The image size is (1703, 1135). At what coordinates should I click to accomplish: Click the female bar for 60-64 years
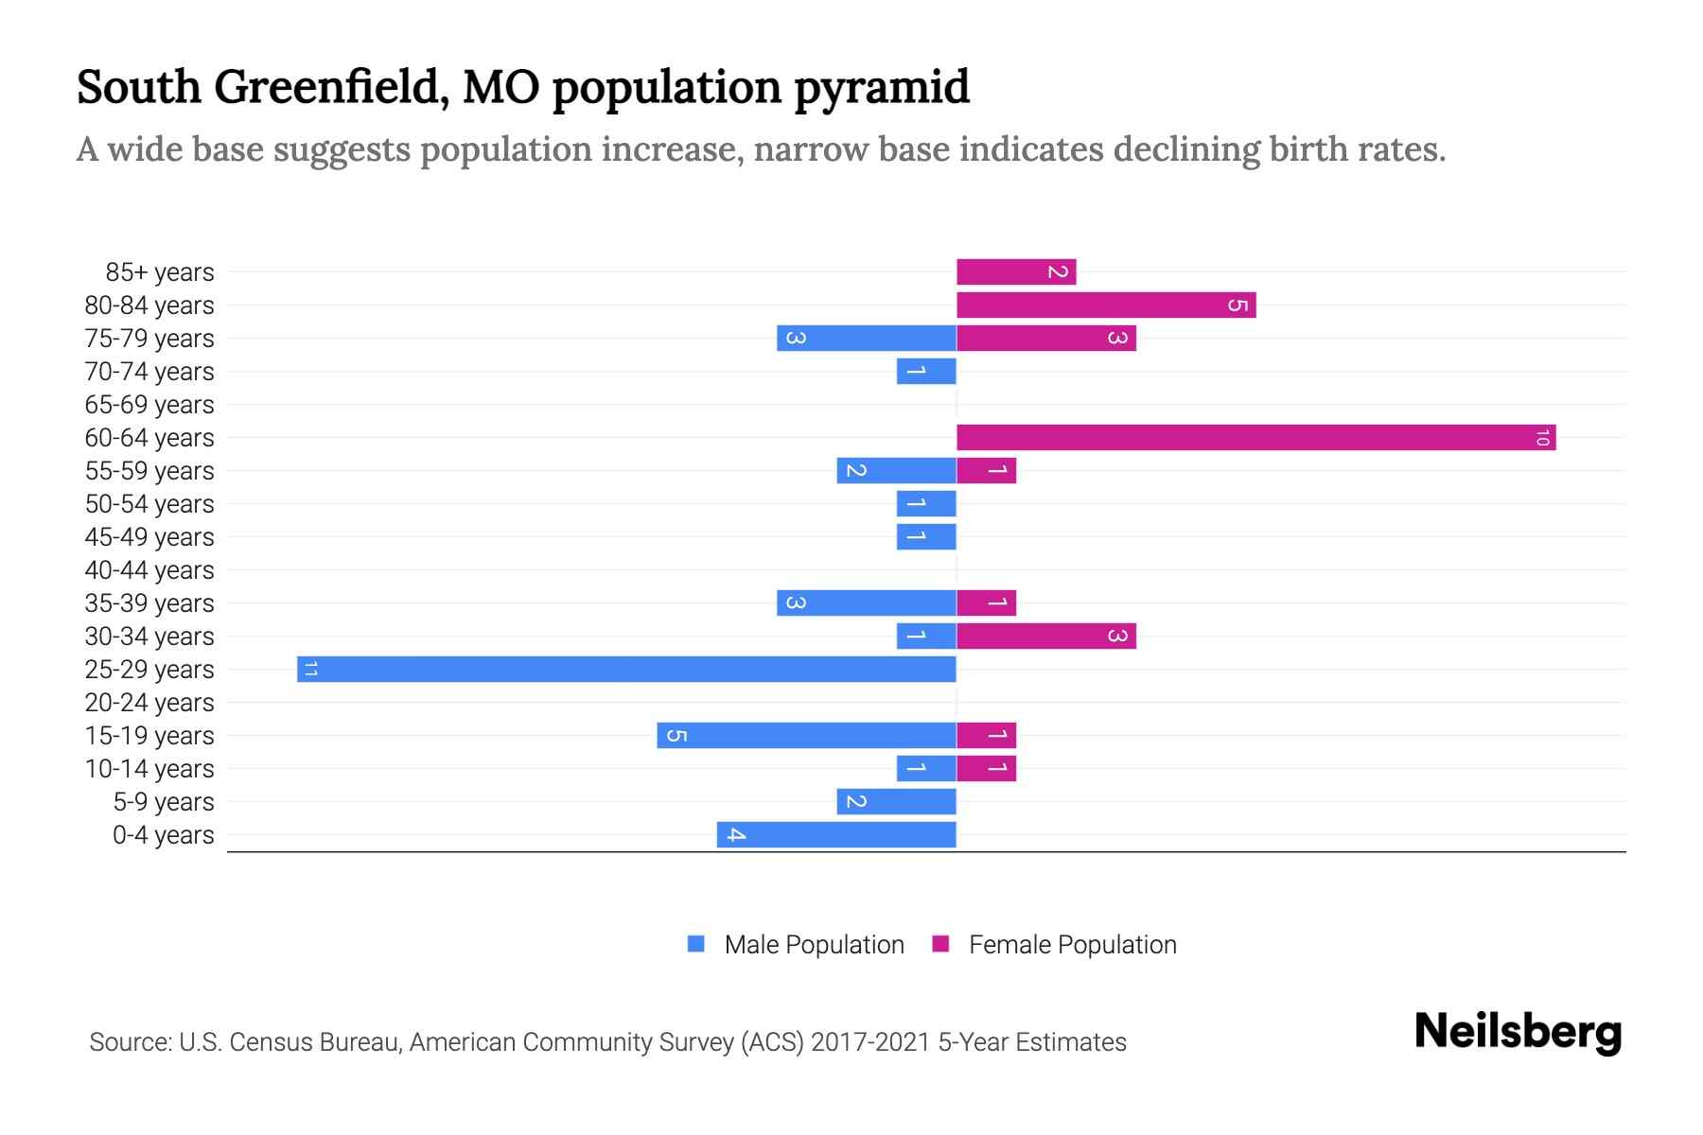1255,438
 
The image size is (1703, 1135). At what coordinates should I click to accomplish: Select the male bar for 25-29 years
626,670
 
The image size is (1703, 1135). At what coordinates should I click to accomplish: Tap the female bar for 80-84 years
1106,306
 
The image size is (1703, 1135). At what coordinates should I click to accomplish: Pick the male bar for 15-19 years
806,736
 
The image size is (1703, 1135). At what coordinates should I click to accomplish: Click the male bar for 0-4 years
836,835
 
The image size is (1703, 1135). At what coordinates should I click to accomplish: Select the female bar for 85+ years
1016,272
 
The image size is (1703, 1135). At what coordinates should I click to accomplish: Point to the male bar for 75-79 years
866,339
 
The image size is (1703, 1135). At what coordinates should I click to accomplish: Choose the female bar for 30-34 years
1045,637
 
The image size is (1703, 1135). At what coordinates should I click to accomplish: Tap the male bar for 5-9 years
896,802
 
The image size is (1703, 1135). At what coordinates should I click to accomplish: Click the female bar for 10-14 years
986,769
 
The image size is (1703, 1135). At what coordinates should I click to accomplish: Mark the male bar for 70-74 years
926,372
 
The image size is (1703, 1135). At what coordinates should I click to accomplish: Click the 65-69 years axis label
149,405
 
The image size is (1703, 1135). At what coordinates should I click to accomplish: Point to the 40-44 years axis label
149,570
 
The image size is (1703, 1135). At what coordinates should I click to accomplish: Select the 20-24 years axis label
149,703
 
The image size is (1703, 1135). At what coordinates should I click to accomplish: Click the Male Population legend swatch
696,944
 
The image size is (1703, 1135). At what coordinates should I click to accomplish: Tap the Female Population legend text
1072,945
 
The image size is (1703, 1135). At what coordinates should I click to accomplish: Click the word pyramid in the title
881,87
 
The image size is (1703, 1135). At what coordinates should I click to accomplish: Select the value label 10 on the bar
1542,438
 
